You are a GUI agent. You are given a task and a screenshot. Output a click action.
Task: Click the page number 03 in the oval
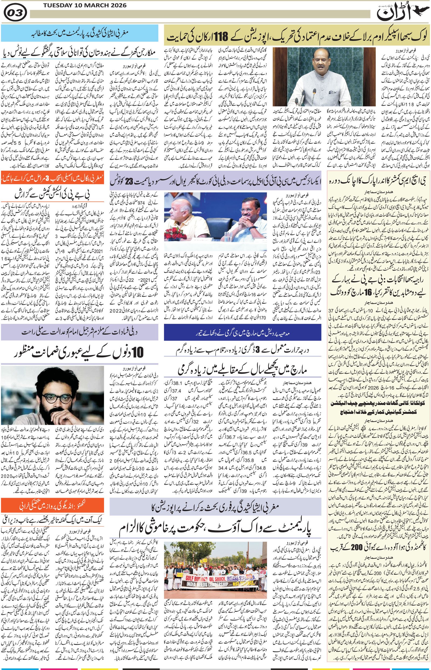tap(15, 12)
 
